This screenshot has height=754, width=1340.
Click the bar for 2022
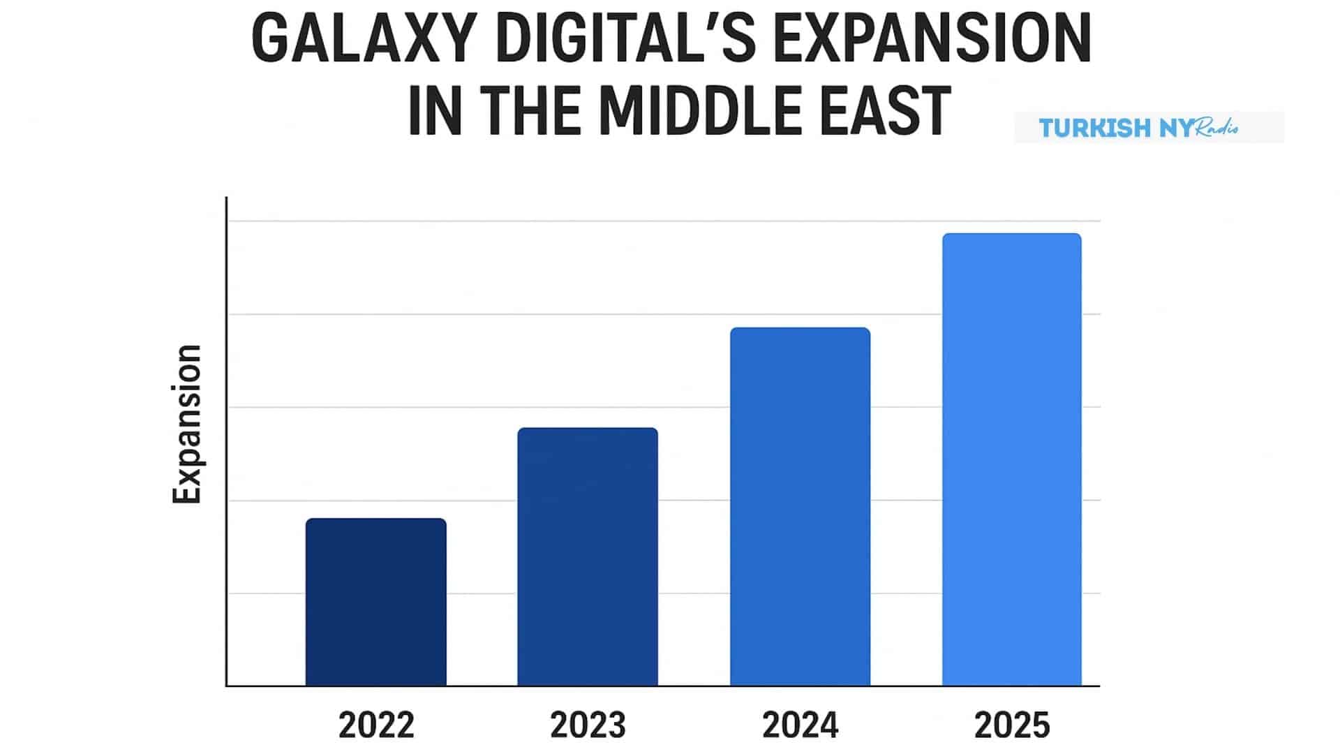point(375,602)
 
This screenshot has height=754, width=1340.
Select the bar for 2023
point(588,556)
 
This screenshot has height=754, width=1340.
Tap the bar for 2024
point(800,506)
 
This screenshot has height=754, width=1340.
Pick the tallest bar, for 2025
point(1011,459)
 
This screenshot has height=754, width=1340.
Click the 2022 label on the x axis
point(376,725)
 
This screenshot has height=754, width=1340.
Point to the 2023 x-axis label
point(588,725)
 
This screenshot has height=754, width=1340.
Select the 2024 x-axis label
point(800,725)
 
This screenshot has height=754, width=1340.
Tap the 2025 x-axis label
point(1012,725)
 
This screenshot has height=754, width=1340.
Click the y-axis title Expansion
point(187,424)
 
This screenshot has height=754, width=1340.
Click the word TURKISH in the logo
point(1094,128)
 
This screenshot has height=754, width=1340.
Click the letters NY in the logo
point(1177,128)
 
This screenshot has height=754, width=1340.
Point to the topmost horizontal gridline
point(663,221)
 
